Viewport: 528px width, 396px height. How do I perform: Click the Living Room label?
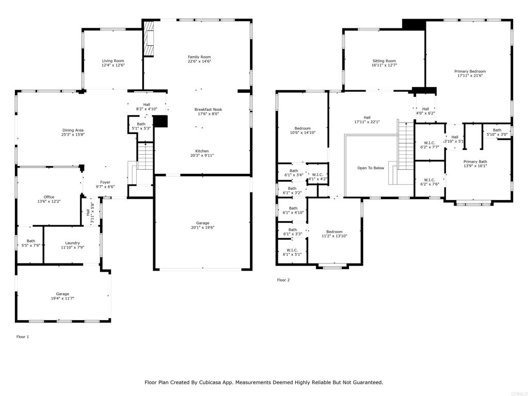(113, 61)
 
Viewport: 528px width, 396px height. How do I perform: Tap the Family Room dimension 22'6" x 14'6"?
(200, 61)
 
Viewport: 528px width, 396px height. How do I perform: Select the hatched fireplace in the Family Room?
(148, 38)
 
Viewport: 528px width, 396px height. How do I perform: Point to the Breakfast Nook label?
(208, 109)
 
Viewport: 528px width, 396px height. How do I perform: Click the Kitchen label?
(202, 151)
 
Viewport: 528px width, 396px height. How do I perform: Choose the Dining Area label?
(73, 130)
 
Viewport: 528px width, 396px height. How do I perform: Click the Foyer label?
(105, 182)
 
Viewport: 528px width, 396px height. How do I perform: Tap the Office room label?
(49, 197)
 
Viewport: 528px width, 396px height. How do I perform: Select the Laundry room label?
(72, 243)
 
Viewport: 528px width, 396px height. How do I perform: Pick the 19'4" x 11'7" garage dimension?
(62, 299)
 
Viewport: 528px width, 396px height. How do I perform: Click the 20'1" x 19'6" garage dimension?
(203, 227)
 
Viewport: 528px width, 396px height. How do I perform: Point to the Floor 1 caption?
(23, 337)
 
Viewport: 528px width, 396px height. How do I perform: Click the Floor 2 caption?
(283, 280)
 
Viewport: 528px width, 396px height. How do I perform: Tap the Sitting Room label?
(384, 61)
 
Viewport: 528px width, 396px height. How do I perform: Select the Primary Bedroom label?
(470, 71)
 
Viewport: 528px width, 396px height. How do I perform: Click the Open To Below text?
(371, 168)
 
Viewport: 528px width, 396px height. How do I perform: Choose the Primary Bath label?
(475, 161)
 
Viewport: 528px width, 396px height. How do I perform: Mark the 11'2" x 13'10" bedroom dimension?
(334, 236)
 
